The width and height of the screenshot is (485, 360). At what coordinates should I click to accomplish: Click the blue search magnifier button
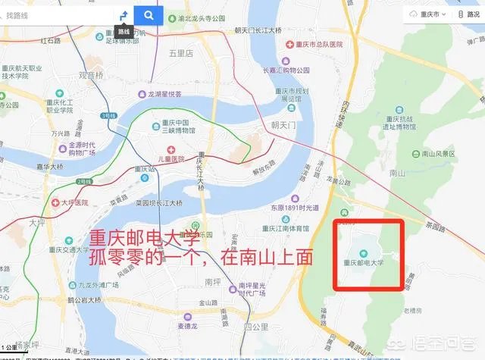[149, 14]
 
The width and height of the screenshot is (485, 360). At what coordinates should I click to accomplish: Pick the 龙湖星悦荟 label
[164, 94]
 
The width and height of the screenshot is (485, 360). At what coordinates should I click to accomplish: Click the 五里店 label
[182, 54]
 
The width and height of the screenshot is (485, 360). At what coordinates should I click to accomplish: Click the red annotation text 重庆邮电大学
[136, 237]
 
